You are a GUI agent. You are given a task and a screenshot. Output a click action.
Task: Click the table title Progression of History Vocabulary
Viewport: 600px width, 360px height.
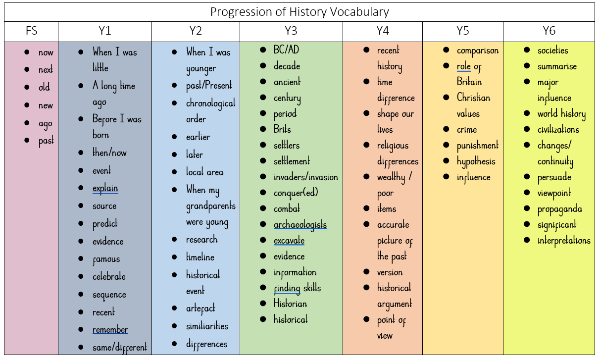[x=300, y=12]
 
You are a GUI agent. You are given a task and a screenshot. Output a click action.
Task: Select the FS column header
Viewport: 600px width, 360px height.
[x=31, y=32]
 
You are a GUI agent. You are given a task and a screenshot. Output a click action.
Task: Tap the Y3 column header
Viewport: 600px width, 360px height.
[x=291, y=32]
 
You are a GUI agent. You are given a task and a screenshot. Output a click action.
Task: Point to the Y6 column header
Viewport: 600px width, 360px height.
[x=549, y=32]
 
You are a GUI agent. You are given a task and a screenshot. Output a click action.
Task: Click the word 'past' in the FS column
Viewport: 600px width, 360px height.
[x=46, y=141]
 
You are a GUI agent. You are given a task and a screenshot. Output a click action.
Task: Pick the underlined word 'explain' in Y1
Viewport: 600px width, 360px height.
[x=105, y=188]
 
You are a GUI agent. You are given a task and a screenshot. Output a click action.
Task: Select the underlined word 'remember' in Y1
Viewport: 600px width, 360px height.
[x=110, y=330]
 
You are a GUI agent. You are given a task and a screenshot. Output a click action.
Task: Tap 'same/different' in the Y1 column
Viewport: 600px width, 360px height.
[x=119, y=348]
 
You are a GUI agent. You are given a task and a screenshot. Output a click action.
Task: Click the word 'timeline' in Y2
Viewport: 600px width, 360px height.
[x=200, y=257]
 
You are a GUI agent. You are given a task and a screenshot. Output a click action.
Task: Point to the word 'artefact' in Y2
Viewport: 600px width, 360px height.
[x=200, y=309]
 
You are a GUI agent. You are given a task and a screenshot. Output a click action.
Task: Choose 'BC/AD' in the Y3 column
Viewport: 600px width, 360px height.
[x=286, y=50]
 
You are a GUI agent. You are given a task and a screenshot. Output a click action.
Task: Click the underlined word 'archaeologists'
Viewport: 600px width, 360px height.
[x=300, y=225]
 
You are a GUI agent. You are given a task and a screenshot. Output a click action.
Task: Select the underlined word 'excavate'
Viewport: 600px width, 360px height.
[x=289, y=241]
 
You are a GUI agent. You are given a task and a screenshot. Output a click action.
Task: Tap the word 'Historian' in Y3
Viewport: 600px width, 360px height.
[x=290, y=304]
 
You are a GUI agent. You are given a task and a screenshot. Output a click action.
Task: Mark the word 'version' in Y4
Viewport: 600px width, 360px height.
[x=390, y=272]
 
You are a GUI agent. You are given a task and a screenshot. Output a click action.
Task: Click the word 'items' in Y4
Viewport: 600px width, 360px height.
[x=386, y=209]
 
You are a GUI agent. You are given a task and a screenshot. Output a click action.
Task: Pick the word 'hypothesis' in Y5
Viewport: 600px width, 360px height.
[x=476, y=161]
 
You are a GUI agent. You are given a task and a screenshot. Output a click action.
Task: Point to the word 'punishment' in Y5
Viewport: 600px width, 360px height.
[x=477, y=146]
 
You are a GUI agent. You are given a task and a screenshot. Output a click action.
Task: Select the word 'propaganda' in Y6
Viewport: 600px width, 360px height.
[x=559, y=209]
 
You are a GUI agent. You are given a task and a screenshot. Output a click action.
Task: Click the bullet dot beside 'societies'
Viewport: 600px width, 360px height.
[x=527, y=50]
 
